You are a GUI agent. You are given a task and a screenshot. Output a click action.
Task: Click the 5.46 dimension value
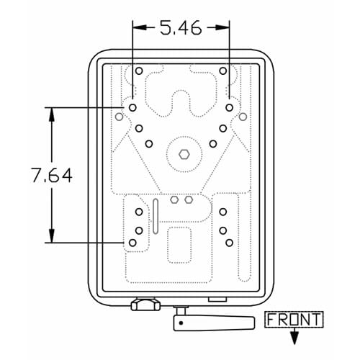coord(181,28)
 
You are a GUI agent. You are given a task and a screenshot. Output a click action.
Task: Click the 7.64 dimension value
coord(52,175)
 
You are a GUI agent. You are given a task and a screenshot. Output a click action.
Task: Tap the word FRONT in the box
coord(294,320)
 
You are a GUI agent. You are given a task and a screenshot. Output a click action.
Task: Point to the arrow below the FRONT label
coord(294,336)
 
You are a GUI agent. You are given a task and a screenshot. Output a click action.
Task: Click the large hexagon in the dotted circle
coord(184,154)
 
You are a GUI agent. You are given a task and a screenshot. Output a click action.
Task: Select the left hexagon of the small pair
coord(174,199)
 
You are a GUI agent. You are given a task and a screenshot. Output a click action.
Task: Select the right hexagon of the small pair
coord(189,199)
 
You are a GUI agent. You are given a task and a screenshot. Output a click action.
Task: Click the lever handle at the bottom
coord(214,323)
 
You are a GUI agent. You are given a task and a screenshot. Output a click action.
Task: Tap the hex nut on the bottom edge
coord(145,304)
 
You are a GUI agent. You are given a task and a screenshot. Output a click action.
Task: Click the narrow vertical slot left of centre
coord(156,216)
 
